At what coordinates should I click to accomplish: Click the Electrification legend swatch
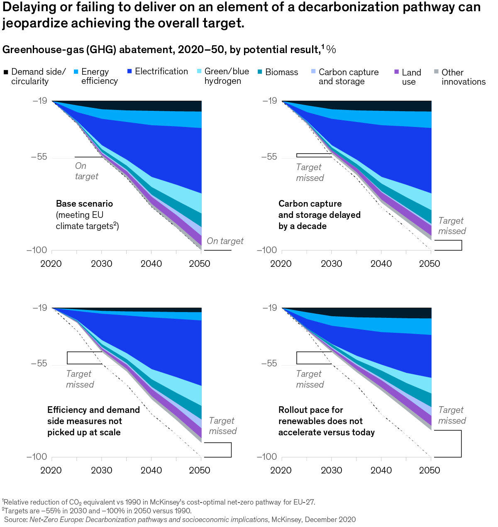point(129,72)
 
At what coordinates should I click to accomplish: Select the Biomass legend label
point(281,72)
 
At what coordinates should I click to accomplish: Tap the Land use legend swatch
point(396,72)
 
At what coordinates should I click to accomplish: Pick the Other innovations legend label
point(463,77)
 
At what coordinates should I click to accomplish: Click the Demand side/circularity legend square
point(6,72)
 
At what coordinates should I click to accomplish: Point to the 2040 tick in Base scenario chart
point(151,263)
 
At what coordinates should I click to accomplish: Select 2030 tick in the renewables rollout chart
point(331,470)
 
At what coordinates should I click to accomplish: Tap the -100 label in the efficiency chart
point(37,456)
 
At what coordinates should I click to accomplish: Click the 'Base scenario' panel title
point(84,204)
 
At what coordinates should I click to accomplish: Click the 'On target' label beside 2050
point(225,241)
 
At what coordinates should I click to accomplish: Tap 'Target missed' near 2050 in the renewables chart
point(452,415)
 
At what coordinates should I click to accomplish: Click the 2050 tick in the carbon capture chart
point(430,263)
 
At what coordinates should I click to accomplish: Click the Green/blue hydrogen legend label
point(227,76)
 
